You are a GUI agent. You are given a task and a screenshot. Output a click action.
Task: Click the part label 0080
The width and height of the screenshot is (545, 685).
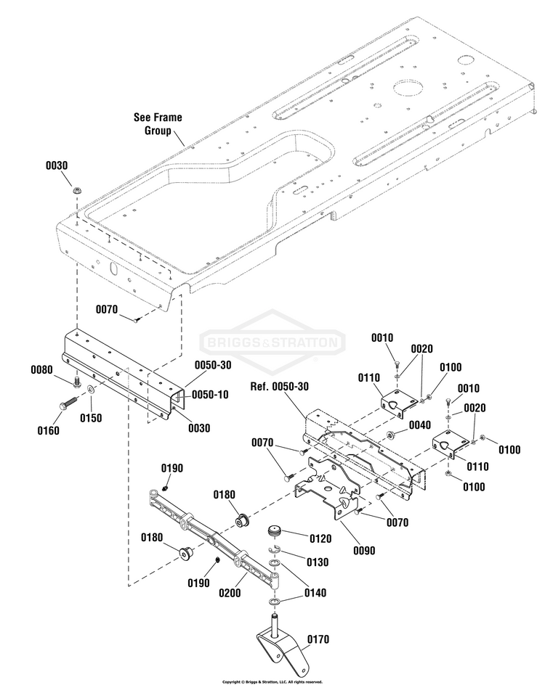coord(42,370)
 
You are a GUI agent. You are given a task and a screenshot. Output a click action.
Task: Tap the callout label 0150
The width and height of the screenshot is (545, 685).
coord(91,418)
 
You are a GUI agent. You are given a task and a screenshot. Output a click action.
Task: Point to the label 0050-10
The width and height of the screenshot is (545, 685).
coord(211,394)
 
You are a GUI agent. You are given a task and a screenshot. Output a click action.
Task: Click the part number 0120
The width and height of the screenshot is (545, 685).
coord(320,538)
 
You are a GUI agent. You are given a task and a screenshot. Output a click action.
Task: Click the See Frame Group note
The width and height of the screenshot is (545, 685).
coord(157,123)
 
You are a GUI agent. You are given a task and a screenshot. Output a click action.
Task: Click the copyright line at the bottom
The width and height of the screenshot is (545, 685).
coord(272,681)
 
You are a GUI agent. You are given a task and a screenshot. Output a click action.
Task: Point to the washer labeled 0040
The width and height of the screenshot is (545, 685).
coord(392,435)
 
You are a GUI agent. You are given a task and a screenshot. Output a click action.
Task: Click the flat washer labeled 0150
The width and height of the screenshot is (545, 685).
coord(91,392)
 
